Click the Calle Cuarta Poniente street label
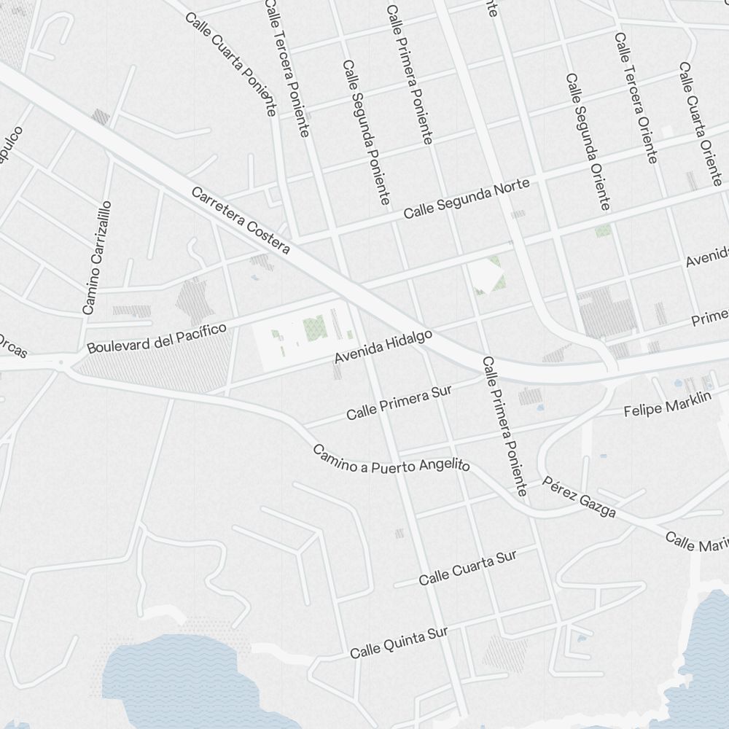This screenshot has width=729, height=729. [x=231, y=64]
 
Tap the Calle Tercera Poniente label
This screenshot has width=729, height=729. [x=287, y=68]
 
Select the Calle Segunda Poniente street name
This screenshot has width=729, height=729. [x=367, y=132]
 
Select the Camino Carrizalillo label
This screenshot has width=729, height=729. [x=97, y=257]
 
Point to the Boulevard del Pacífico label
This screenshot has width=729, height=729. [x=157, y=338]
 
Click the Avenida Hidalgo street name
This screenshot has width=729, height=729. [x=383, y=346]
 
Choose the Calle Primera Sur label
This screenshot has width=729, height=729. [x=399, y=402]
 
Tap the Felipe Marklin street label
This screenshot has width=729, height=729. [x=667, y=405]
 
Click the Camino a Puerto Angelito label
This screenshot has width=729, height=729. [x=391, y=459]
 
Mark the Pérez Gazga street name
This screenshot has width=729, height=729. [x=580, y=497]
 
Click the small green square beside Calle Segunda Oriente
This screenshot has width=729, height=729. [x=603, y=231]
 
